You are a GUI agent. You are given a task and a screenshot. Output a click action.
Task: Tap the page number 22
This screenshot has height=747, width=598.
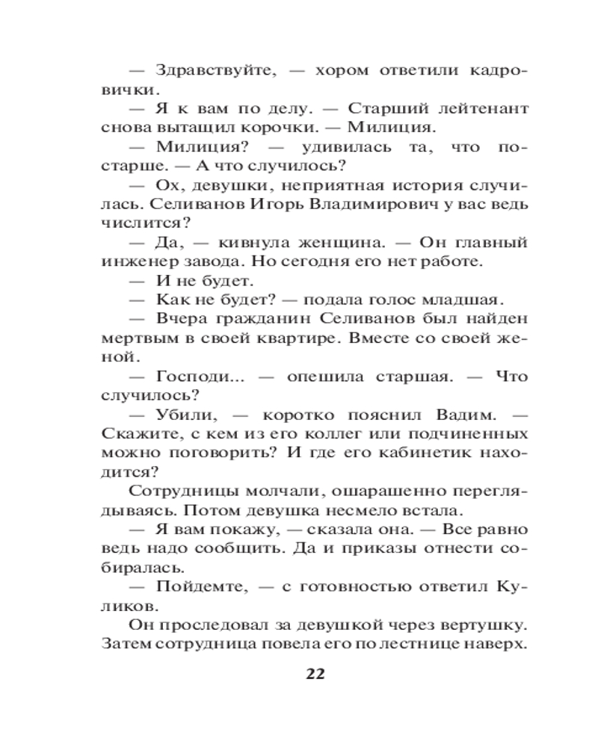[315, 674]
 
